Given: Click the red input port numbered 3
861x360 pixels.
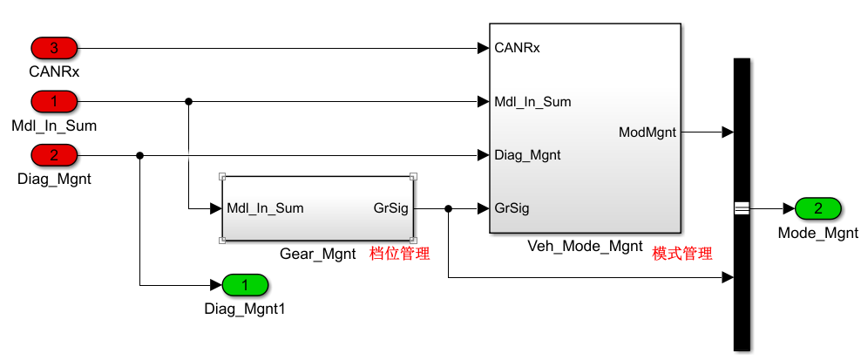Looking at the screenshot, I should pyautogui.click(x=54, y=48).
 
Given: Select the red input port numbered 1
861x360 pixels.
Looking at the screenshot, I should pyautogui.click(x=54, y=102).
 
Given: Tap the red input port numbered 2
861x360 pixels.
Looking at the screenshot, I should pyautogui.click(x=54, y=156).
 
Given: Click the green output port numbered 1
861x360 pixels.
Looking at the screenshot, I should pyautogui.click(x=245, y=285).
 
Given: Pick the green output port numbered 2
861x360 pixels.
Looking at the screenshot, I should pyautogui.click(x=817, y=208).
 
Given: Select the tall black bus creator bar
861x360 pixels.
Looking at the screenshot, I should pyautogui.click(x=742, y=204).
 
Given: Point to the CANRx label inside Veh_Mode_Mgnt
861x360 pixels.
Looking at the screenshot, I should pyautogui.click(x=517, y=48).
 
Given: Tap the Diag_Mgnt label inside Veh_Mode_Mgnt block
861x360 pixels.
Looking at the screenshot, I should pyautogui.click(x=527, y=155).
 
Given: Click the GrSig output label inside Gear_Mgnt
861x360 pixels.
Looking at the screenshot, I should pyautogui.click(x=390, y=208).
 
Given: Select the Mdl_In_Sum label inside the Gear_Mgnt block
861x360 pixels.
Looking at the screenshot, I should pyautogui.click(x=265, y=208).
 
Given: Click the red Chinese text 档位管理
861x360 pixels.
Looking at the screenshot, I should pyautogui.click(x=402, y=254).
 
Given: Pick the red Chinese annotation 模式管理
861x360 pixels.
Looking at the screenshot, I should pyautogui.click(x=682, y=254).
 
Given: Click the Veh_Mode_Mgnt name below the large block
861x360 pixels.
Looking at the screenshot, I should pyautogui.click(x=586, y=247).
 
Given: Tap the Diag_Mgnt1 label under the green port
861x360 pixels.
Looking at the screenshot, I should pyautogui.click(x=245, y=308).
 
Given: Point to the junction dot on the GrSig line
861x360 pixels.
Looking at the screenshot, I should pyautogui.click(x=448, y=208).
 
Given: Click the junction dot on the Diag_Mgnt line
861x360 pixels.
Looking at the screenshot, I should pyautogui.click(x=140, y=156).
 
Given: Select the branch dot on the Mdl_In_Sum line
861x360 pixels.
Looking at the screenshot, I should pyautogui.click(x=188, y=102).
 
